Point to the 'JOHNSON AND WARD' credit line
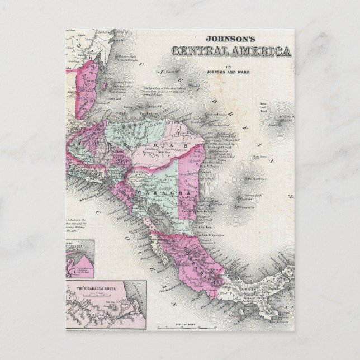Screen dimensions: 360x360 (229, 72)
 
